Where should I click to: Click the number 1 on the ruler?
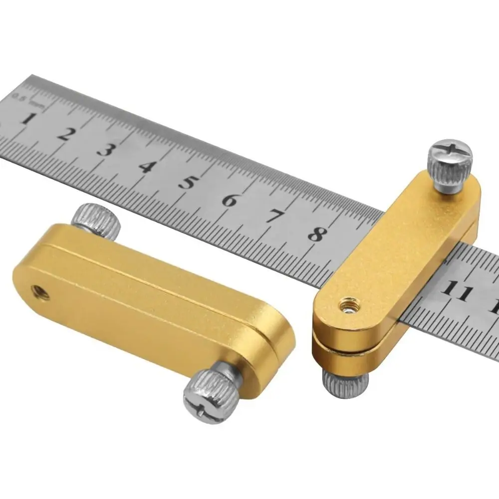(28, 119)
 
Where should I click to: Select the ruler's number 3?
(104, 150)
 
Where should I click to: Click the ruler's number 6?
(229, 199)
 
